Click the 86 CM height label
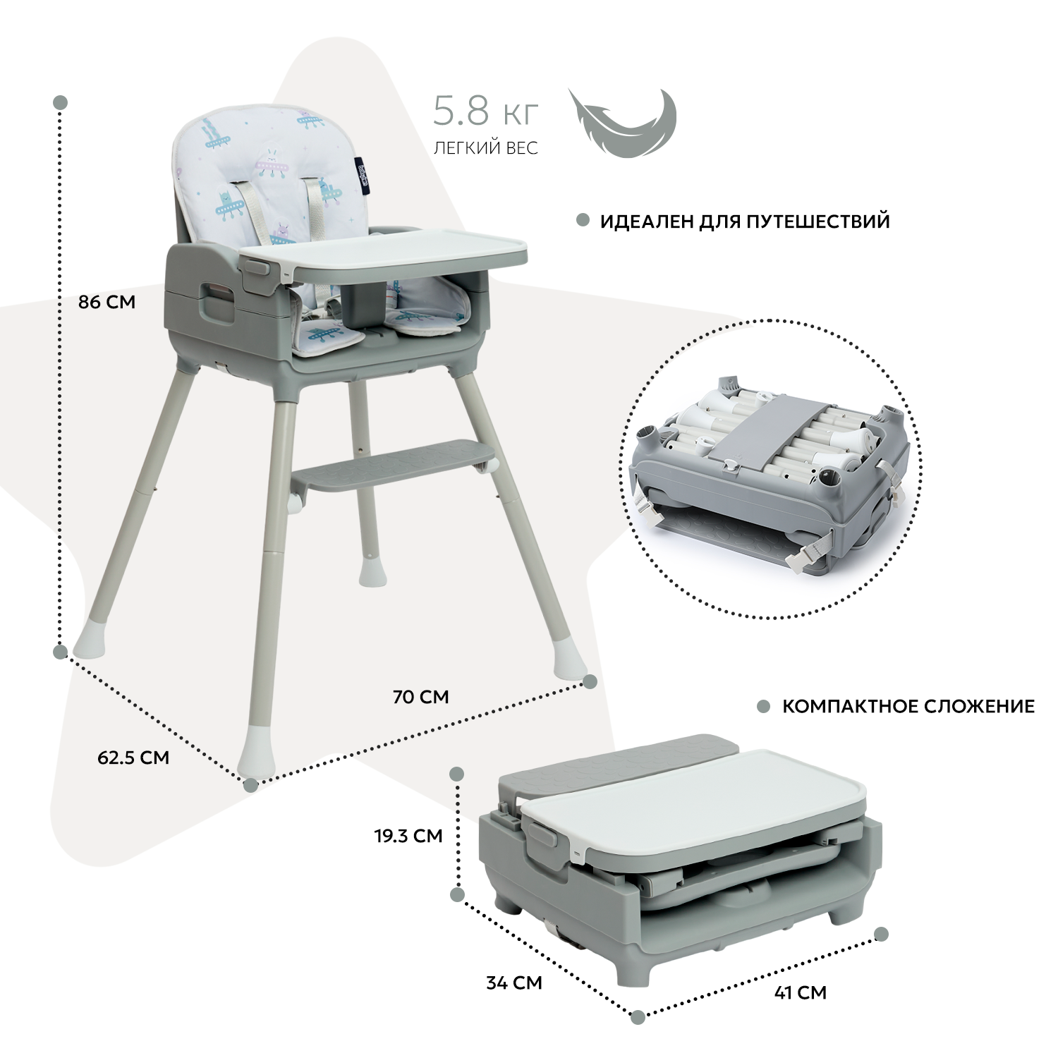[107, 302]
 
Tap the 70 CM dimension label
[421, 697]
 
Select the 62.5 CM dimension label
[133, 758]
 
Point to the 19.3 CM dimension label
[408, 836]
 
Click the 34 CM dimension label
[514, 983]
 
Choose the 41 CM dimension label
[801, 992]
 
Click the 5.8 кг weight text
[486, 113]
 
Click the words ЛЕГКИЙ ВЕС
[486, 148]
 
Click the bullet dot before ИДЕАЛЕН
[583, 221]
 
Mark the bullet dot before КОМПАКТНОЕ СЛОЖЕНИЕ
[763, 706]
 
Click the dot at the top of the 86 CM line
[61, 103]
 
